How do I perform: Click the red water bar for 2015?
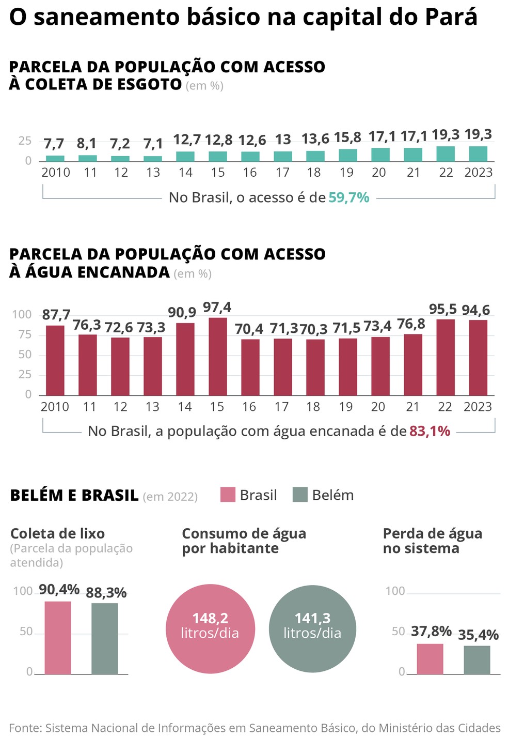218,357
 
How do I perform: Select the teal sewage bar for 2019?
347,156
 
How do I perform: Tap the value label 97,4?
217,308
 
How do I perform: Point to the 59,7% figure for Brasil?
349,197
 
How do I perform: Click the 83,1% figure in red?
430,431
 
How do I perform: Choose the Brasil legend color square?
228,495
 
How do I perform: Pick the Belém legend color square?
300,495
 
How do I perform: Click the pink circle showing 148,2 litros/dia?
210,629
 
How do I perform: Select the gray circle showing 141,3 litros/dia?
312,629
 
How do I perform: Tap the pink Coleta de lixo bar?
58,638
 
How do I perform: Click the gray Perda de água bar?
477,660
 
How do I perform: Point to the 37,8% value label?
431,631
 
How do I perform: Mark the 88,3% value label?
106,593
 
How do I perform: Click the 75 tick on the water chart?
25,334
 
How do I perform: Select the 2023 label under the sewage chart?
479,173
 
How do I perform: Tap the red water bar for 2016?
250,367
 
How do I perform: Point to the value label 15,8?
347,137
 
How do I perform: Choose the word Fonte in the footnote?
25,728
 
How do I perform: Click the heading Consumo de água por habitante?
244,541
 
